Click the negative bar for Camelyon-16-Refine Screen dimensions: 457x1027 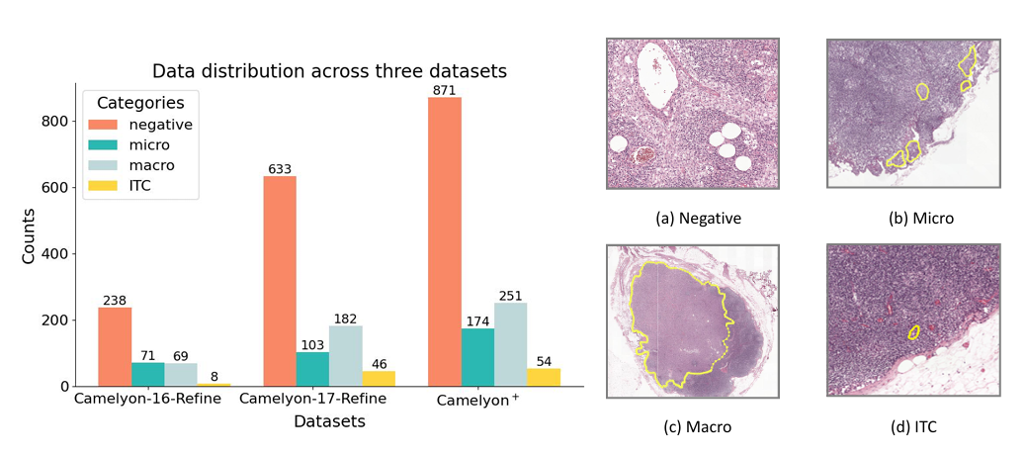tap(115, 346)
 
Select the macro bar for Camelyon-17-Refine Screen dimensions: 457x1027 tap(346, 356)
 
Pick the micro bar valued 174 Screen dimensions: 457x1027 tap(477, 357)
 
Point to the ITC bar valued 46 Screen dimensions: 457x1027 tap(379, 378)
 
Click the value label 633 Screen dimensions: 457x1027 tap(280, 168)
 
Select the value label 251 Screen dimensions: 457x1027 tap(511, 295)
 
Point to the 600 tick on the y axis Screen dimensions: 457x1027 tap(66, 187)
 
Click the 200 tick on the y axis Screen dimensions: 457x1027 tap(66, 320)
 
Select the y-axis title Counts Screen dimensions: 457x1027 tap(31, 235)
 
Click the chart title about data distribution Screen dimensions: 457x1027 tap(329, 71)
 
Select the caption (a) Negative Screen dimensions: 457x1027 tap(692, 218)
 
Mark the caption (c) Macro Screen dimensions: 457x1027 tap(692, 427)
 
